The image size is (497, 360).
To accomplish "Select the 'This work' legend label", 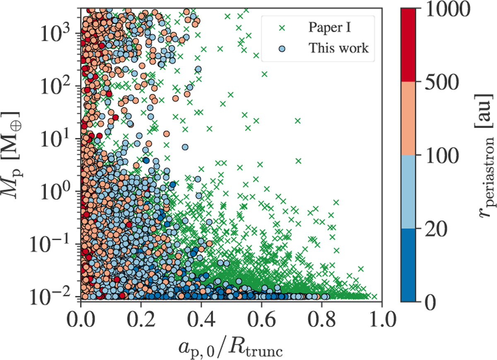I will [x=338, y=48].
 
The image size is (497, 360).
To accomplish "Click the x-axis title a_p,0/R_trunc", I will [x=230, y=343].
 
